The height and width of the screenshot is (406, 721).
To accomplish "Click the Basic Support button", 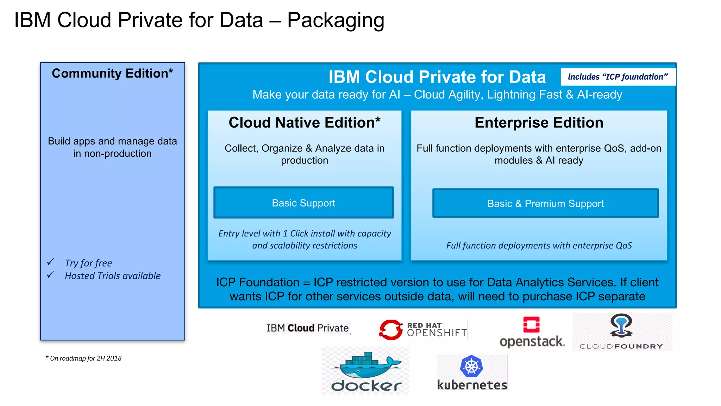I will click(303, 203).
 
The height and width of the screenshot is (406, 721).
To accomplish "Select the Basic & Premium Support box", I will click(545, 203).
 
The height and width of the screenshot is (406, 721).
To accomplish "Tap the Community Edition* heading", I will click(112, 73).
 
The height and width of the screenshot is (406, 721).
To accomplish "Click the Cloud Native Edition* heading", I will click(305, 123).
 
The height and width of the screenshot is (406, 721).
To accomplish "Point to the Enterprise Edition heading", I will click(539, 123).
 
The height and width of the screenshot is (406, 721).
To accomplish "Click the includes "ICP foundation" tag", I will click(618, 77).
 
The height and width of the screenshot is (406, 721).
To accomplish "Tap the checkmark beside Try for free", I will click(50, 262).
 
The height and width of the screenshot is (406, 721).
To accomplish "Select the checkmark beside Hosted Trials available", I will click(50, 275).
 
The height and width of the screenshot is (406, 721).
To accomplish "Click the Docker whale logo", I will click(366, 365).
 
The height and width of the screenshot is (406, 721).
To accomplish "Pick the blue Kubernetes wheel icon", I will click(471, 366).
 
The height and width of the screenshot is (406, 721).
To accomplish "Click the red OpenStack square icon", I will click(531, 325).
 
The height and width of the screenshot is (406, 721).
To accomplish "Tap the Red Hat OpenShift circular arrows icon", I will click(390, 330).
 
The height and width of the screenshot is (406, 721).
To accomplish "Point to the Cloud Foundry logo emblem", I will click(621, 326).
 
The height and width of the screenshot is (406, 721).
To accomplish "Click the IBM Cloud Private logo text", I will click(308, 328).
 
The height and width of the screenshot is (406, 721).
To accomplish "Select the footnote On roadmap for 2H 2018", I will click(84, 358).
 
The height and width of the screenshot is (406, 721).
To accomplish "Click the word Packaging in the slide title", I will click(336, 20).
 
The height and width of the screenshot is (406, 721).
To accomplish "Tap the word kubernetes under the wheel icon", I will click(472, 385).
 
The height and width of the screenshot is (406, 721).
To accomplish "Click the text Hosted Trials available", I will click(113, 276).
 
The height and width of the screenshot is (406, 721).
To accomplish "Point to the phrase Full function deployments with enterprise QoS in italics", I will click(539, 245).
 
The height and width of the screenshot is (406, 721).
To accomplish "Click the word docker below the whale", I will click(366, 386).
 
